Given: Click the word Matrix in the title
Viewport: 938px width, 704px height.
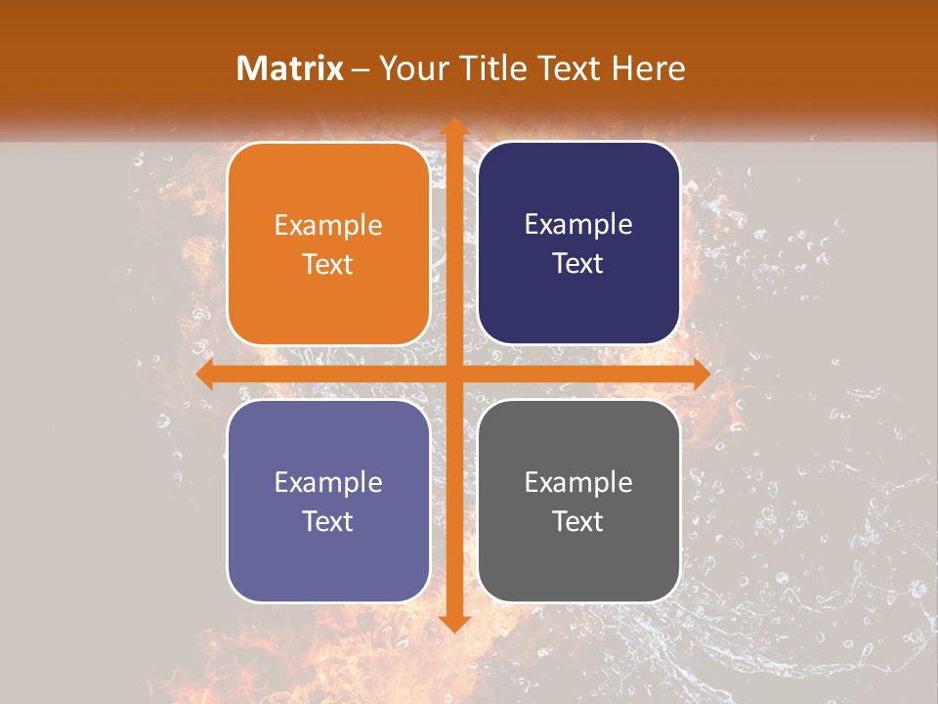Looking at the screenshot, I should coord(290,68).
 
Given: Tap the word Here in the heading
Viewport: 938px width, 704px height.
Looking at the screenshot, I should coord(648,68).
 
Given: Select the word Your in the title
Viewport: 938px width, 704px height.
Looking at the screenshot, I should coord(411,68).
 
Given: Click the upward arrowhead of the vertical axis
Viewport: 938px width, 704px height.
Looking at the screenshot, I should coord(452,127).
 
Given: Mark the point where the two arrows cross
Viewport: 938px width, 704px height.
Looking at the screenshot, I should coord(452,374).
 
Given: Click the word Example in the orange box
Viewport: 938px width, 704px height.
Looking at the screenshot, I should coord(328,225).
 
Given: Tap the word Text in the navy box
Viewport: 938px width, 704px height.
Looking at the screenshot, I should coord(578,263).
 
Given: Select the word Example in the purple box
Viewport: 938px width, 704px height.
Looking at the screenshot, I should coord(328,482).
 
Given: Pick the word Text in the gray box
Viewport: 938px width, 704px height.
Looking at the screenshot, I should coord(578,521).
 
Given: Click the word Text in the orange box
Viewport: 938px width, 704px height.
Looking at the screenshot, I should coord(328,264).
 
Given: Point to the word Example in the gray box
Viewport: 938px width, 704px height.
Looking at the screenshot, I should coord(578,482).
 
